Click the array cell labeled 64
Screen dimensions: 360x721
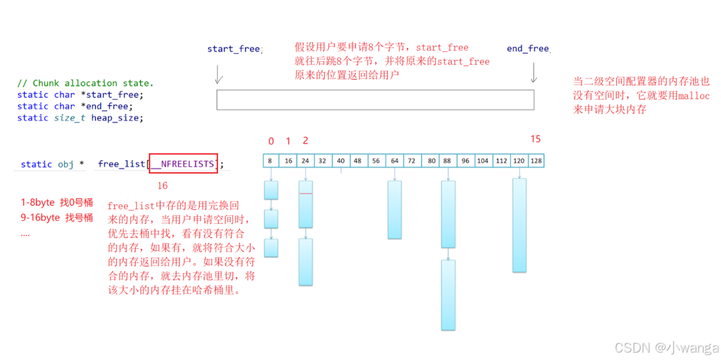(x=395, y=161)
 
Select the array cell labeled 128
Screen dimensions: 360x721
(x=536, y=161)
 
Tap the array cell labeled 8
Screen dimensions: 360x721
(x=271, y=161)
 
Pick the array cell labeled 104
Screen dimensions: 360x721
(x=483, y=161)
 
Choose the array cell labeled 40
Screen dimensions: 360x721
(x=341, y=161)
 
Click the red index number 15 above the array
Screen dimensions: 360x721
(x=535, y=139)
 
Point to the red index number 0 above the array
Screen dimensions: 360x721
(x=271, y=141)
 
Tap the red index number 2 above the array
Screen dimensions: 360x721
(x=305, y=141)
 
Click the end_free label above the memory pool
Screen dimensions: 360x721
(x=528, y=48)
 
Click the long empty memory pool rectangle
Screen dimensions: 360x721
(x=375, y=100)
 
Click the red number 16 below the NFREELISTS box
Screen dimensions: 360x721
(x=162, y=186)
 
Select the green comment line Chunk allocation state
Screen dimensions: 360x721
(x=85, y=83)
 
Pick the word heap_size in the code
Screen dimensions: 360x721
(x=117, y=118)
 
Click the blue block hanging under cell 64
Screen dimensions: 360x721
(x=395, y=209)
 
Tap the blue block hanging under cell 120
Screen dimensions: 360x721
(x=519, y=225)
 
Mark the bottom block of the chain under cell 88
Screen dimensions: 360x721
(x=448, y=295)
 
